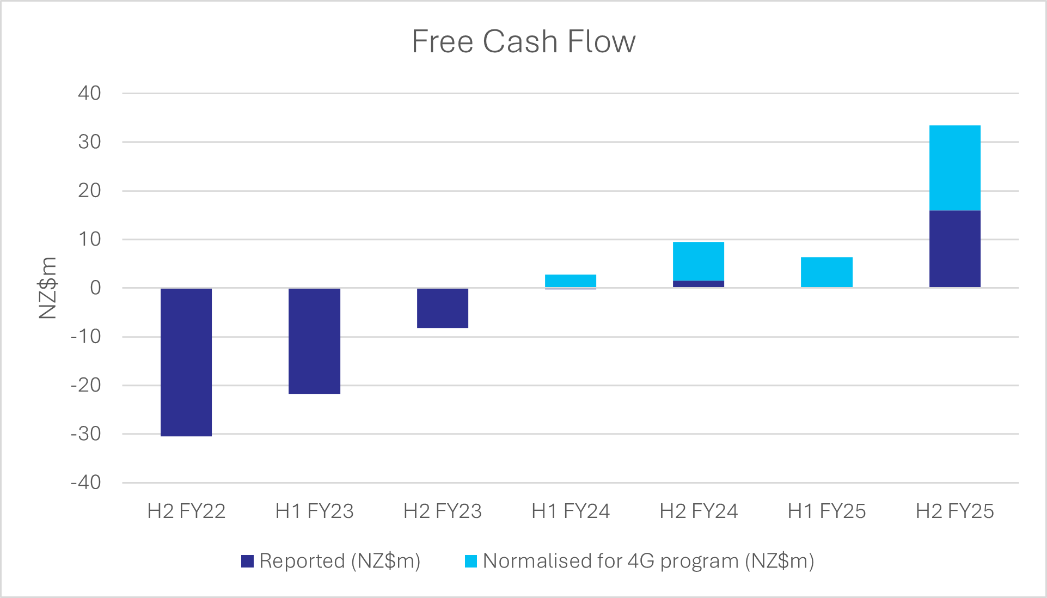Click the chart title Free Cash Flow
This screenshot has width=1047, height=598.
pos(523,41)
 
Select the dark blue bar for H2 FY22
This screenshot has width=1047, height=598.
pos(186,362)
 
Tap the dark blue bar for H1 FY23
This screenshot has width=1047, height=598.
pos(314,340)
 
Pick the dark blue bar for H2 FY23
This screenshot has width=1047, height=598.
pos(442,308)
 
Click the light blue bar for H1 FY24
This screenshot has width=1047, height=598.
pos(570,280)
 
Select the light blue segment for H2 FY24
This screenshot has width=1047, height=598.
pos(698,261)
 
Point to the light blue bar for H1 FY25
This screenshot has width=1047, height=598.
pos(826,272)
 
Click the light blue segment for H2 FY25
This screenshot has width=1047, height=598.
pos(954,168)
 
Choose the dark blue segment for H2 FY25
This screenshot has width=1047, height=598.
pos(954,248)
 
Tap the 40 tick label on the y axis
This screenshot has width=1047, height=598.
pos(89,93)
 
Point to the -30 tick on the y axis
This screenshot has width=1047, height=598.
pos(86,434)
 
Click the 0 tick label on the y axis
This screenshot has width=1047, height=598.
pos(95,288)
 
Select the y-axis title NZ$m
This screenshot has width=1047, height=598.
pos(48,288)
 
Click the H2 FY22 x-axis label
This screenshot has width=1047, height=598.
pos(186,511)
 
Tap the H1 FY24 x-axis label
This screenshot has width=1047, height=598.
pos(570,511)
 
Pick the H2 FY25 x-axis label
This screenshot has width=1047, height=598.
pos(954,511)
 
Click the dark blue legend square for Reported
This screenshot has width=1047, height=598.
pos(248,561)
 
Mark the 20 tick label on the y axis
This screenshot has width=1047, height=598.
pos(89,191)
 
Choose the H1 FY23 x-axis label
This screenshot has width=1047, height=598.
pos(314,511)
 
